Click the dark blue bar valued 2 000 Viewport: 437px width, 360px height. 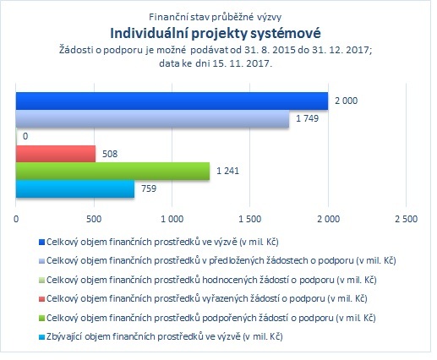pos(172,101)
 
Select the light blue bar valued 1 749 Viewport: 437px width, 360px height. pos(152,118)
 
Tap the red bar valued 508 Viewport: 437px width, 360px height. pos(56,154)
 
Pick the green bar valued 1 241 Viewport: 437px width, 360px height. pos(112,171)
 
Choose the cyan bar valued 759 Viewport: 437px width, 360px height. pos(75,188)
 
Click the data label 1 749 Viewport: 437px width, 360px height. pos(307,118)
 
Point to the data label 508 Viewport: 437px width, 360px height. pos(110,154)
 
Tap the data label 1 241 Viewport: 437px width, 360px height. pos(227,171)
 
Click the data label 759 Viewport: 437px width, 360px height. pos(149,188)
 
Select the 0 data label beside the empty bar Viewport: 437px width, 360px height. pos(25,136)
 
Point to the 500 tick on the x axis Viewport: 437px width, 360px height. pos(94,219)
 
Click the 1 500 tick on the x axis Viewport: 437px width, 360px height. pos(250,219)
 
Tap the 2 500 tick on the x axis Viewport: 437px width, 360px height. pos(406,219)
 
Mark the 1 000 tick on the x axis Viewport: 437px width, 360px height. pos(172,219)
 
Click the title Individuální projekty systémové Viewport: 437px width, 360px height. pos(216,33)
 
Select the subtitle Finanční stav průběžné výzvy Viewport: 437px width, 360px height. pos(216,17)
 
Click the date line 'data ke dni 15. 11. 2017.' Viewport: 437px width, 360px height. pos(216,63)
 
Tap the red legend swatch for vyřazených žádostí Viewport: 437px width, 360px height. pos(41,299)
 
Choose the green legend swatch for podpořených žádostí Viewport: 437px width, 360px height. pos(41,318)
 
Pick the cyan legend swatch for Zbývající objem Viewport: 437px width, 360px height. pos(41,337)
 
